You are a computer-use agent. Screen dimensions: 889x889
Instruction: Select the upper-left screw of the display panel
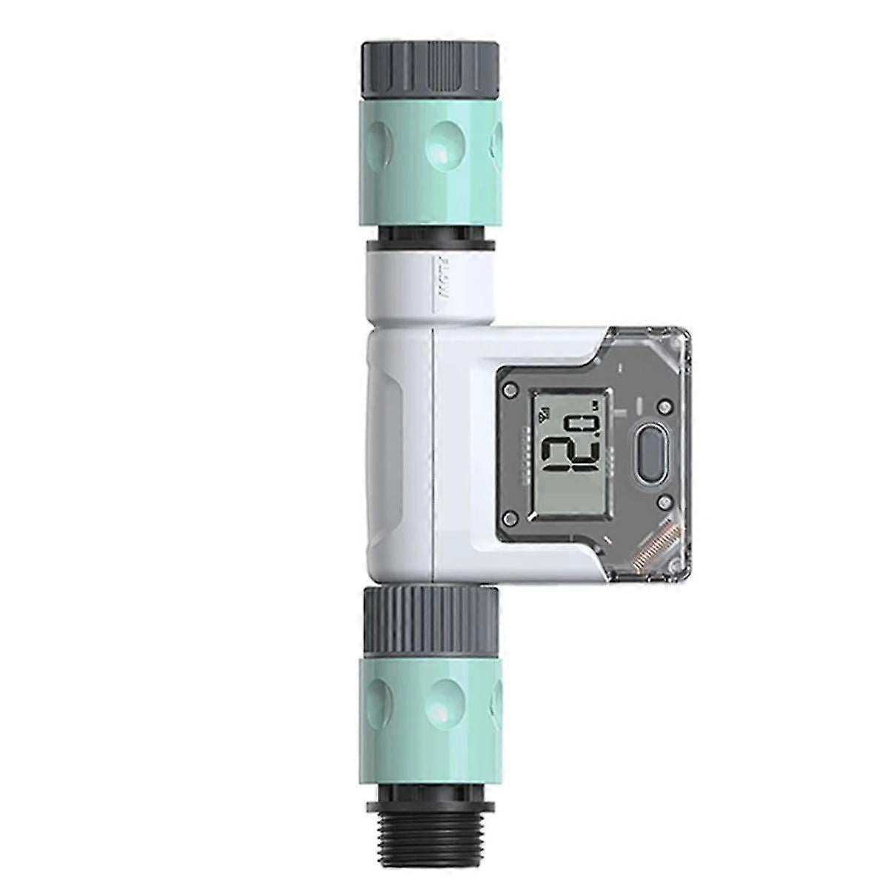tap(510, 387)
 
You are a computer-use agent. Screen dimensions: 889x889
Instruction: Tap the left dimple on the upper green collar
tap(379, 140)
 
